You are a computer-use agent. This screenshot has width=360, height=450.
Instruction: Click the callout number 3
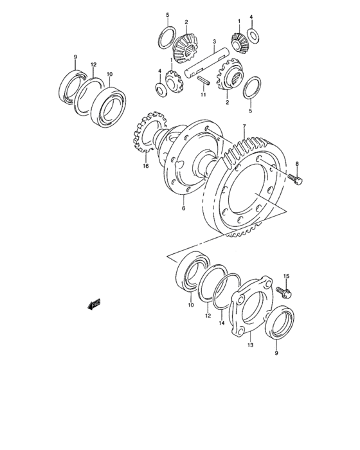[x=213, y=42]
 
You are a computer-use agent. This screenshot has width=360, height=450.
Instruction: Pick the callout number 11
[x=202, y=95]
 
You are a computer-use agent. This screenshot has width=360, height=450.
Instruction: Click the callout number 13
[x=251, y=345]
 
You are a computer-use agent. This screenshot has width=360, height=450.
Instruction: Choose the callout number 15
[x=287, y=276]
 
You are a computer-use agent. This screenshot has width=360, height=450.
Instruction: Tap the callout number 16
[x=146, y=165]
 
